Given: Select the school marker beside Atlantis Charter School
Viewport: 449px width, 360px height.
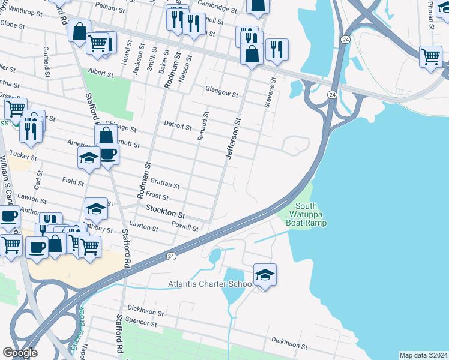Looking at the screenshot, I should click(x=265, y=275).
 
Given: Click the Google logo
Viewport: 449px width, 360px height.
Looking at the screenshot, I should click(x=20, y=353).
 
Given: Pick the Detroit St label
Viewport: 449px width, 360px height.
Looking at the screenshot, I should click(x=178, y=127).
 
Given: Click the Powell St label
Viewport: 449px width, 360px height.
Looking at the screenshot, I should click(x=185, y=227).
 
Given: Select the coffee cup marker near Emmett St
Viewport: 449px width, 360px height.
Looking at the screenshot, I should click(x=108, y=154).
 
